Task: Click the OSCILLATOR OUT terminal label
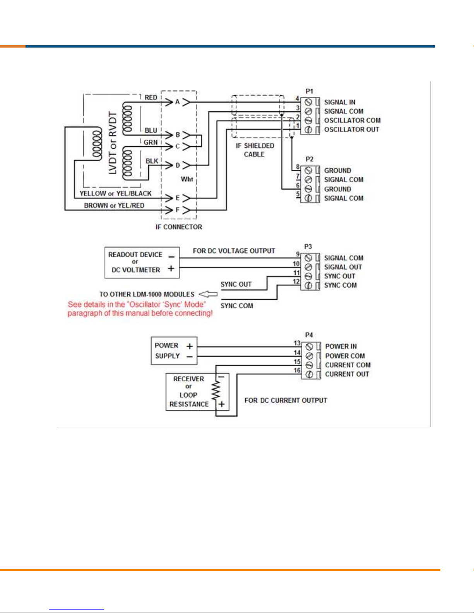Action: pos(351,130)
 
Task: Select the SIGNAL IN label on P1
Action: pos(339,102)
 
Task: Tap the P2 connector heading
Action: pos(309,159)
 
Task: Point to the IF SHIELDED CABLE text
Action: pos(255,150)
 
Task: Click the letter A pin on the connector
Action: pos(177,102)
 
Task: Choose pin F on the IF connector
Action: pos(177,210)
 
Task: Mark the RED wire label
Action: pos(151,97)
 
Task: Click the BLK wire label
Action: pos(152,161)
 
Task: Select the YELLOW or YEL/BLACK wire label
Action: pos(115,193)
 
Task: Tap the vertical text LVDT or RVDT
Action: pos(113,143)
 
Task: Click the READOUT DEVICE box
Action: pos(142,263)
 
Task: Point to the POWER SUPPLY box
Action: pos(174,351)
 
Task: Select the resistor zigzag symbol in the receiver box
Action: pos(216,391)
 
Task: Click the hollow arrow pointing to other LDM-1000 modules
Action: pos(208,294)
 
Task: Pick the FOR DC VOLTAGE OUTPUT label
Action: pos(234,251)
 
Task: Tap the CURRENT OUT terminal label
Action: pos(347,374)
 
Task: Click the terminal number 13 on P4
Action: pos(297,343)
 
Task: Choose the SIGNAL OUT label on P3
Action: pos(343,267)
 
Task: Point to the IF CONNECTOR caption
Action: pos(179,227)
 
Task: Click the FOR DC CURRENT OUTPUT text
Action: pos(286,400)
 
